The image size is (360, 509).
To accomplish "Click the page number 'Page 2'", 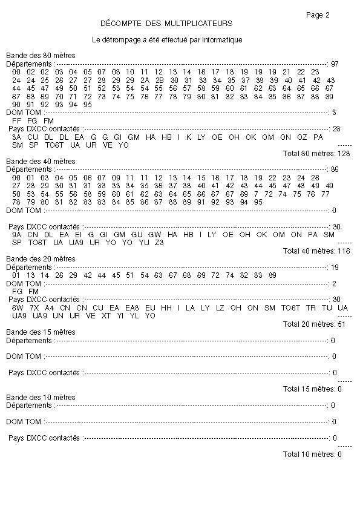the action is pos(318,15).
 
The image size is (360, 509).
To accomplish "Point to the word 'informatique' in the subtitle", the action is pos(224,40).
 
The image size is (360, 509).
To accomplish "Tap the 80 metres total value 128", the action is pos(344,153).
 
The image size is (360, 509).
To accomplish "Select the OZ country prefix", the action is pos(302,137).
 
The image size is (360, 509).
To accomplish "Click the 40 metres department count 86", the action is pos(335,169).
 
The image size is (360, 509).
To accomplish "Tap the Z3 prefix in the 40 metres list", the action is pos(159,242).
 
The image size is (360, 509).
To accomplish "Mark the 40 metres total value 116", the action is pos(344,251).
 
